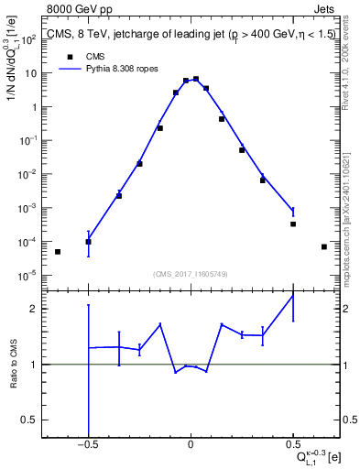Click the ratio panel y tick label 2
point(33,309)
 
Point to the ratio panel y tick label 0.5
point(30,420)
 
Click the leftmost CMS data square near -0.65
point(58,252)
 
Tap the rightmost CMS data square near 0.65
point(324,246)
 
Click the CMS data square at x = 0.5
point(293,224)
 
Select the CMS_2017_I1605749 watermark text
point(190,274)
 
